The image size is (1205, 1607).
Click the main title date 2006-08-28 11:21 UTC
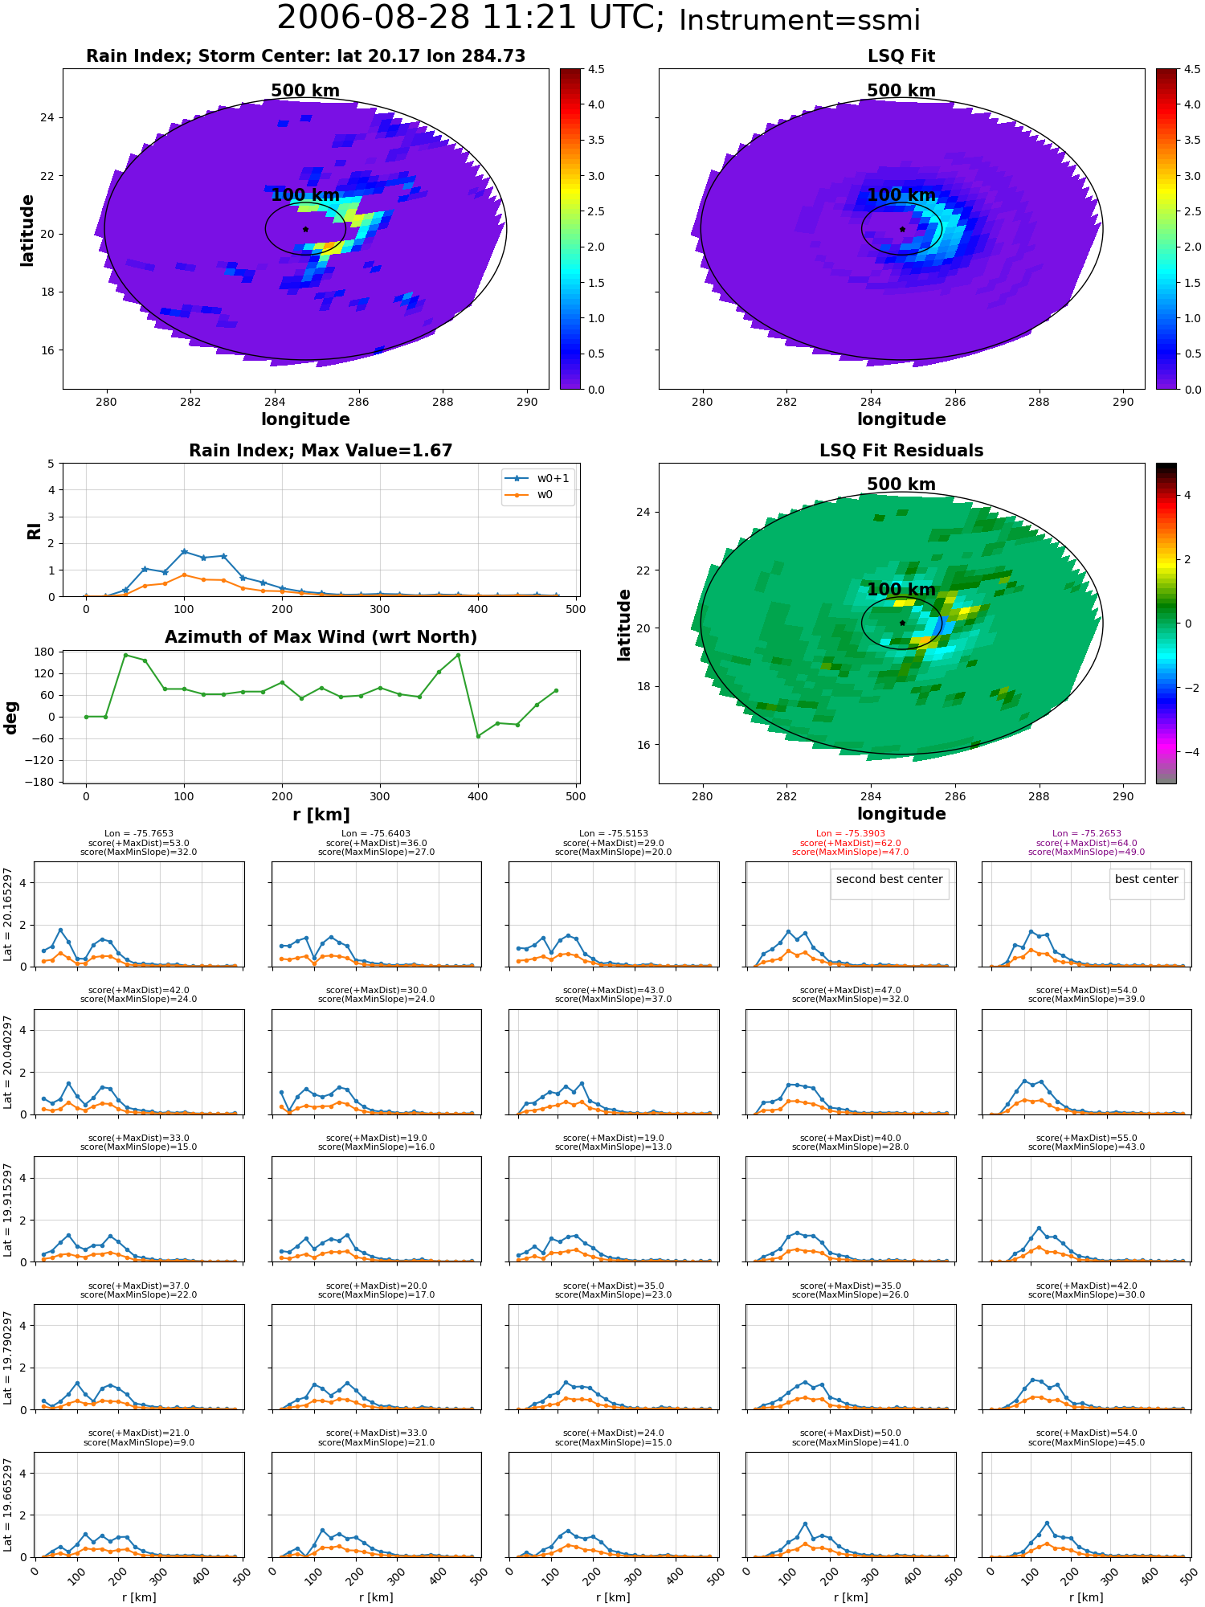[471, 18]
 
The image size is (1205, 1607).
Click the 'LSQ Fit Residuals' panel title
[901, 451]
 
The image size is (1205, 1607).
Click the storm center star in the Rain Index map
[305, 229]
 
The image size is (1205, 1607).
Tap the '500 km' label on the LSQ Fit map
[901, 91]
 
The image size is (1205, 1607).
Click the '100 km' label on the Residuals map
[901, 590]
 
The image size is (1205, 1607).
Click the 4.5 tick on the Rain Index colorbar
[595, 69]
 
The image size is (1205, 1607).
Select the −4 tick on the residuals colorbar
[1187, 752]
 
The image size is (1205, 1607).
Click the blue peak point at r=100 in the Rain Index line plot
[184, 552]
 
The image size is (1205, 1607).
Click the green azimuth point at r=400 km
[478, 736]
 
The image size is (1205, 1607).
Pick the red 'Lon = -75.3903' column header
[851, 834]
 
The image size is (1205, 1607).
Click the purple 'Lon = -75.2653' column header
[1087, 834]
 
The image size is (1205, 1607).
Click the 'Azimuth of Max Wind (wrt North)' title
[321, 637]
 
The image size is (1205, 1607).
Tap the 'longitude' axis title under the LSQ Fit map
[901, 419]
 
